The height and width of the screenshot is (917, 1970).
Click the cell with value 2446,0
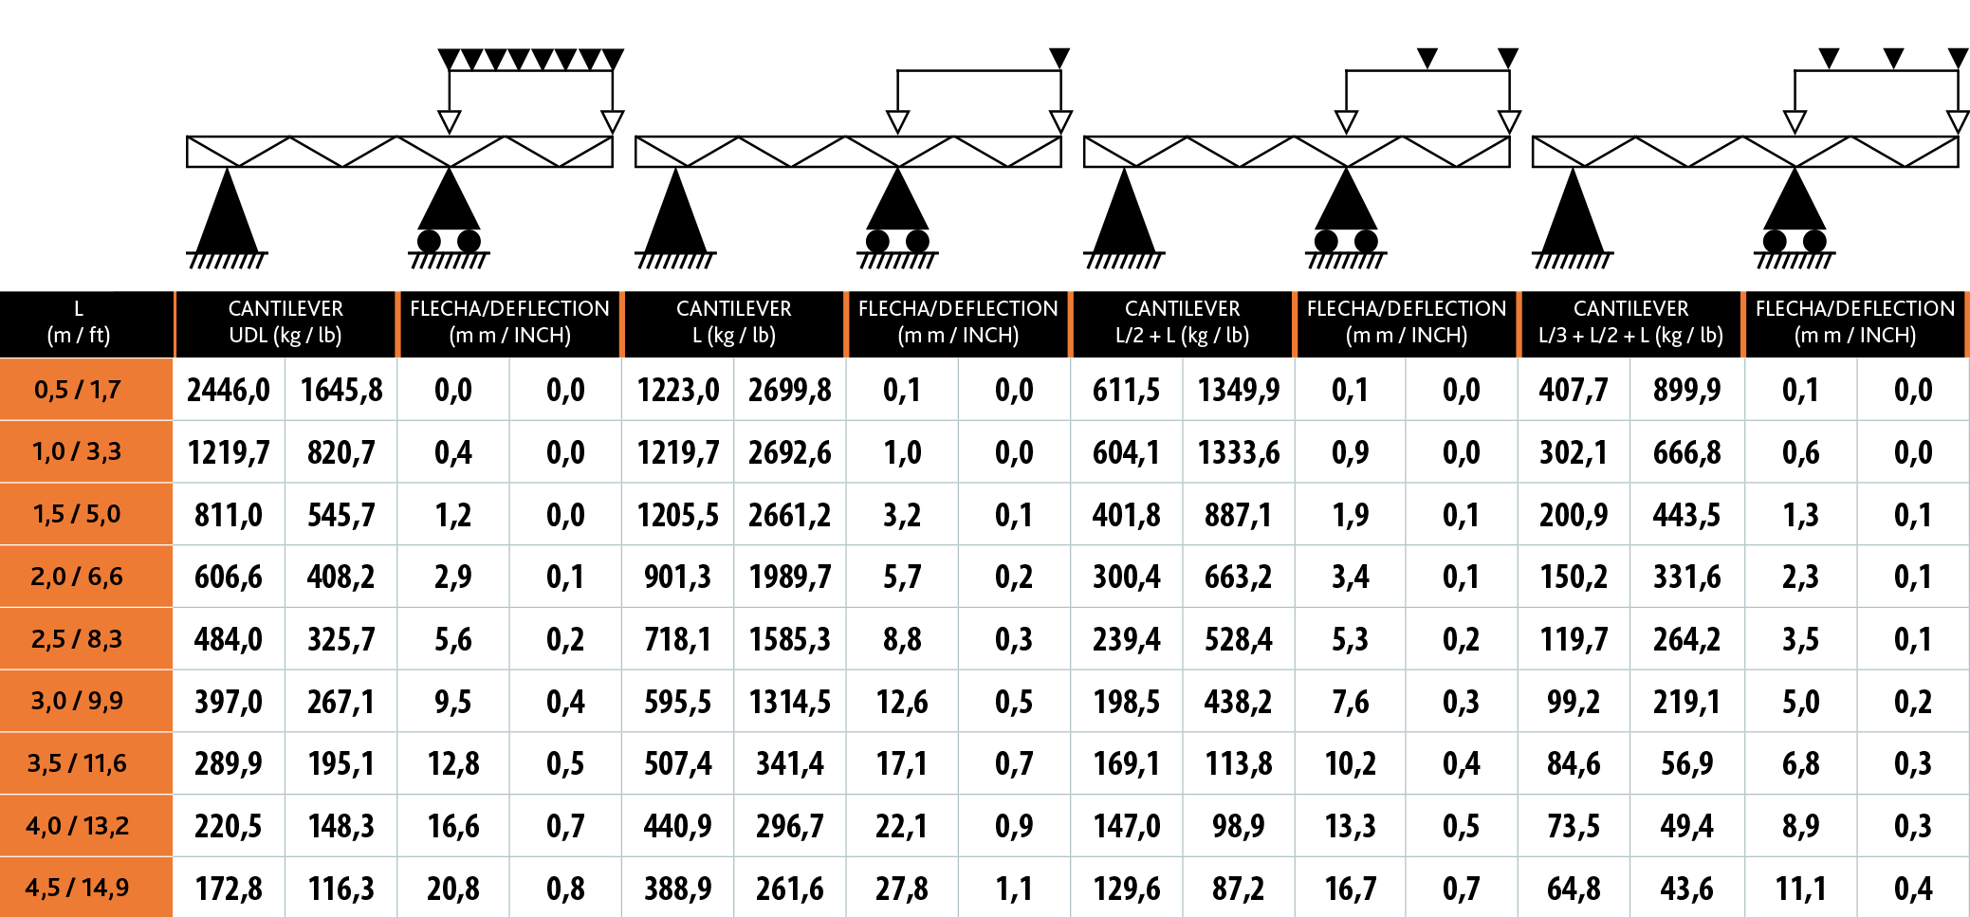point(229,390)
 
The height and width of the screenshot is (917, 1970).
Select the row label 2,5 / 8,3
point(77,639)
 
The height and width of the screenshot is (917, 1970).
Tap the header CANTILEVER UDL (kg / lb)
point(285,322)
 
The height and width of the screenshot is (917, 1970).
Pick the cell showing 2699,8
point(789,390)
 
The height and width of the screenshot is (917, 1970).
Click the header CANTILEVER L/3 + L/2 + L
point(1630,322)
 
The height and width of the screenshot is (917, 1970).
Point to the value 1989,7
point(789,577)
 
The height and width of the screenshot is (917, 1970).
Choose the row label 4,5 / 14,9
point(77,889)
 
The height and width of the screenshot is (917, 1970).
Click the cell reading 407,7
point(1574,390)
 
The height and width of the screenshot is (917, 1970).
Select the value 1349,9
point(1238,390)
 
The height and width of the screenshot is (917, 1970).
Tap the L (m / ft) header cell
point(79,322)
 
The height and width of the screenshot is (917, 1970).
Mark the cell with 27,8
point(902,889)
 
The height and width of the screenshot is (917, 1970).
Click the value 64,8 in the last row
point(1574,889)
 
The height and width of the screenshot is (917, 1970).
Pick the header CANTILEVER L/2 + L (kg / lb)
point(1182,322)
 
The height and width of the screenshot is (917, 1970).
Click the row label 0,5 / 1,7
point(77,390)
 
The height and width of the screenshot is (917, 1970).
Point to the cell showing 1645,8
point(341,390)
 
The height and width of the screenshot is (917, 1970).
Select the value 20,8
point(453,889)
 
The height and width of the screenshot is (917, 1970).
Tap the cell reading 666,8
point(1686,452)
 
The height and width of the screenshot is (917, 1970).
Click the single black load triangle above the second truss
point(1059,58)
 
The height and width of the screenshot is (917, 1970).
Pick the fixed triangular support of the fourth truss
point(1573,213)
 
